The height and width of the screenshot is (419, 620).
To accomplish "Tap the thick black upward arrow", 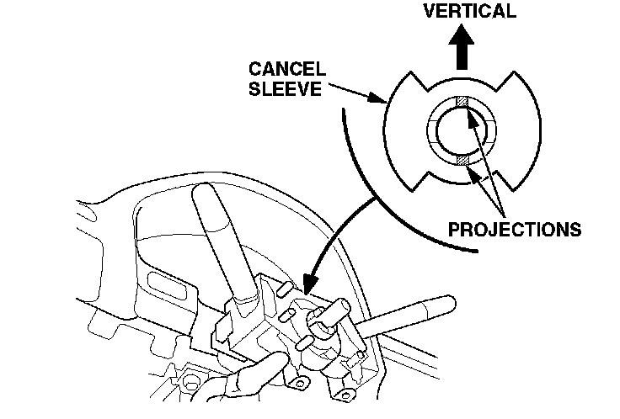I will [x=462, y=50].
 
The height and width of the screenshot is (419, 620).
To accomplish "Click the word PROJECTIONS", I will [x=515, y=229].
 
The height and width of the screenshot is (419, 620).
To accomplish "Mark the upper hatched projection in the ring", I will [x=461, y=103].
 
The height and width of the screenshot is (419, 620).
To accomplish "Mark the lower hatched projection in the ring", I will [x=460, y=160].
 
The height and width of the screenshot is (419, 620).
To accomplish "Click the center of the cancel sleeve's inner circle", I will [x=461, y=131].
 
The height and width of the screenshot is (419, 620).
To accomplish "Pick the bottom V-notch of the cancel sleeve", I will [x=462, y=182].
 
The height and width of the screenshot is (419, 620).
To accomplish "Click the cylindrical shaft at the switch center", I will [x=327, y=320].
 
